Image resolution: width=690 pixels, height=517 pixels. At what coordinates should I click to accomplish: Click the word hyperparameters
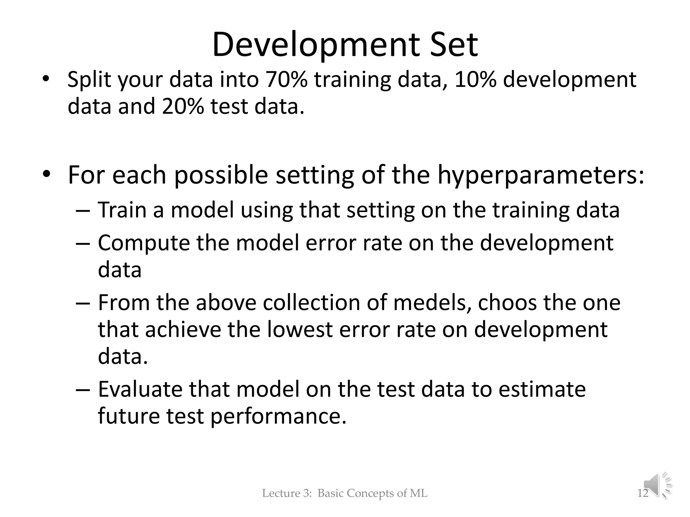point(541,175)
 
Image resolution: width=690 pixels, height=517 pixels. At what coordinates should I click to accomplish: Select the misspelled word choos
point(507,303)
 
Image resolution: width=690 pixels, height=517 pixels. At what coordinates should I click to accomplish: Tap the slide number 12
point(642,493)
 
